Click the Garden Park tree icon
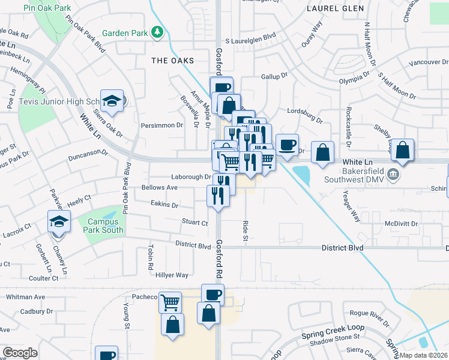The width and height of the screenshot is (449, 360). (x=157, y=32)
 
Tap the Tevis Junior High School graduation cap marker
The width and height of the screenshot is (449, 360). (x=112, y=101)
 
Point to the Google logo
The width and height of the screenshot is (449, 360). (x=20, y=353)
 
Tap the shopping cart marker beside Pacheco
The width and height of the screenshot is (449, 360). (x=170, y=301)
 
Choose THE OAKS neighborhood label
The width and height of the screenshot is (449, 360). (x=173, y=61)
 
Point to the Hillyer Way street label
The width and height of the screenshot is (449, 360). (x=172, y=275)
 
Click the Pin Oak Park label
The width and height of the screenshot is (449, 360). (x=47, y=8)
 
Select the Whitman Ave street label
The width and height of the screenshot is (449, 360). (x=25, y=297)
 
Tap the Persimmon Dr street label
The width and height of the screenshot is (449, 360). (x=162, y=125)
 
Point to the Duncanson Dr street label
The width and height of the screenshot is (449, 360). (x=88, y=153)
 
